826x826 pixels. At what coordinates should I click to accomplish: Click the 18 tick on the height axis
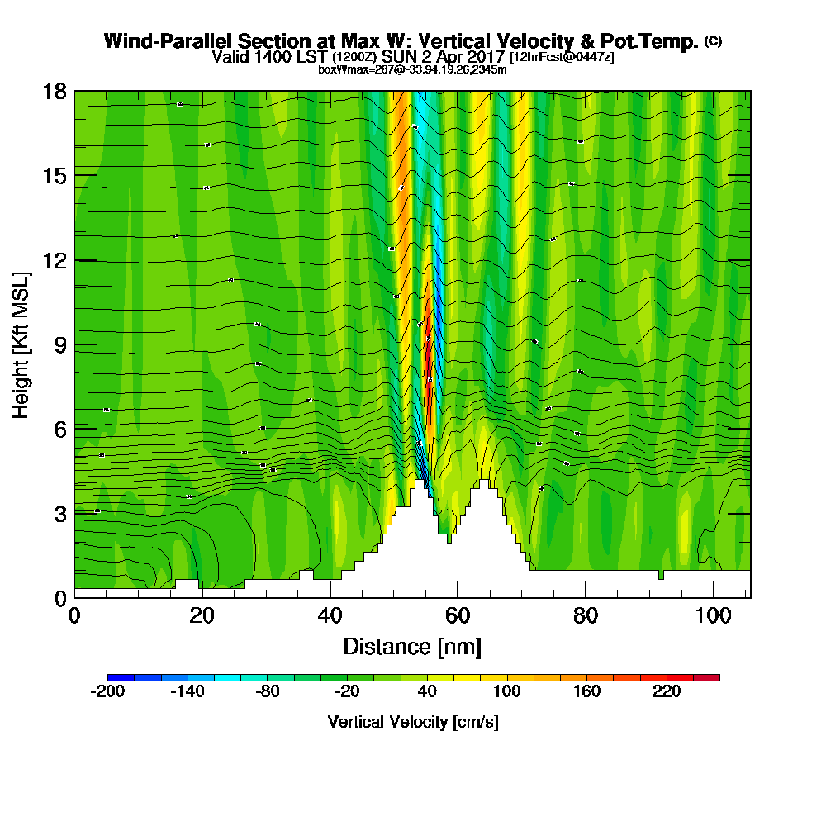tap(74, 91)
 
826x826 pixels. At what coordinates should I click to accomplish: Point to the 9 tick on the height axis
tap(74, 344)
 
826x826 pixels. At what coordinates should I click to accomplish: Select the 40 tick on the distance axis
tap(330, 597)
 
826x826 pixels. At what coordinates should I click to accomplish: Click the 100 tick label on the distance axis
tap(713, 615)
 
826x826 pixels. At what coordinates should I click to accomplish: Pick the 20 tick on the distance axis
tap(202, 597)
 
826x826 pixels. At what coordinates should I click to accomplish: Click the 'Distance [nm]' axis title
tap(412, 646)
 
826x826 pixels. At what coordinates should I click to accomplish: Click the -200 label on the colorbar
tap(107, 692)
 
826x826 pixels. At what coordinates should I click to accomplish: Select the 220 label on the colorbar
tap(667, 692)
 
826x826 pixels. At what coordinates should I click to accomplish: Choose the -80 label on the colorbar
tap(267, 692)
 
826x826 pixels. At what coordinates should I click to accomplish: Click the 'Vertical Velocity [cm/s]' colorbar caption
tap(413, 722)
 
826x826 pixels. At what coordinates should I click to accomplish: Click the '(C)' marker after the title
tap(713, 41)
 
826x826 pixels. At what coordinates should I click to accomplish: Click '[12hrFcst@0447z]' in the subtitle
tap(562, 57)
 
